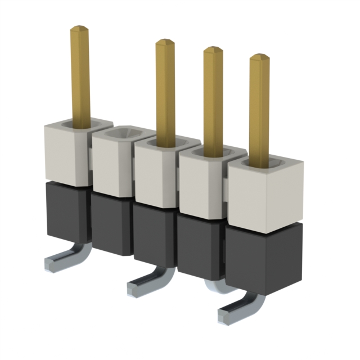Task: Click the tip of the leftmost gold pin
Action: coord(80,28)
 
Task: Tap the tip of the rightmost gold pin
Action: coord(259,57)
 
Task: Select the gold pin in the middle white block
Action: coord(165,90)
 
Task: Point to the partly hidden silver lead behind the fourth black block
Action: coord(216,286)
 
